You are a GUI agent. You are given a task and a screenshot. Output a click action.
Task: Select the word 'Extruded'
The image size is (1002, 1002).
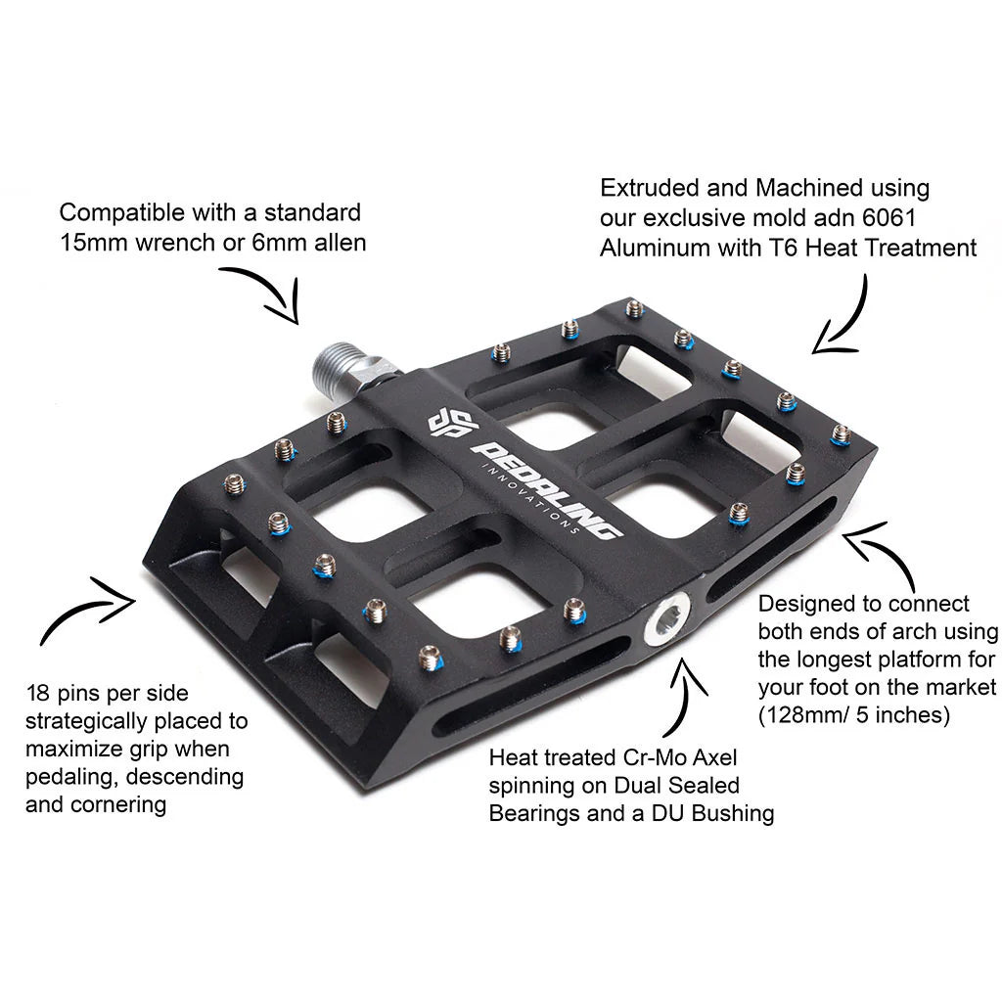point(647,188)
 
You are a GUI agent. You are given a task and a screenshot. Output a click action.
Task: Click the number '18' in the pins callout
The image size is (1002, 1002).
point(38,693)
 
